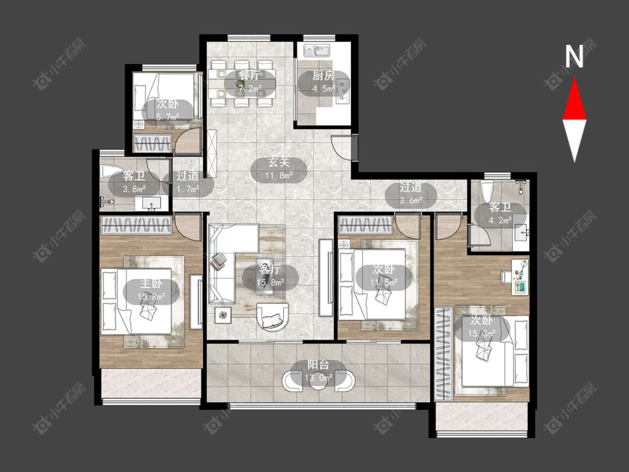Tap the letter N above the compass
click(x=574, y=56)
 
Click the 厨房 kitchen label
click(x=323, y=75)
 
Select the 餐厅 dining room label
click(x=249, y=75)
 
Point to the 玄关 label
click(x=278, y=163)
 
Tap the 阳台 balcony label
click(x=318, y=365)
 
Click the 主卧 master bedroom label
click(x=151, y=284)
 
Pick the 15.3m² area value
click(x=481, y=333)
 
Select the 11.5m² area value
click(x=384, y=282)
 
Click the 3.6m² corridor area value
click(x=411, y=200)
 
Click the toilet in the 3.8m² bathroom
click(x=110, y=171)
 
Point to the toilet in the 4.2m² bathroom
click(x=486, y=192)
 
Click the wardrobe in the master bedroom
click(x=136, y=225)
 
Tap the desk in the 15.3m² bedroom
click(x=520, y=277)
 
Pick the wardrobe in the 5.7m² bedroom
click(x=153, y=143)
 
